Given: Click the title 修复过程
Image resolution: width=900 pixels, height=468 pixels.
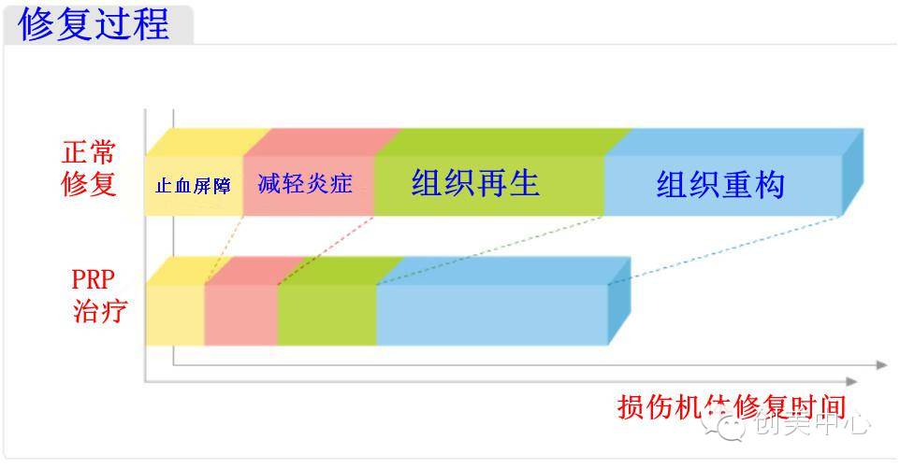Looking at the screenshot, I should pos(94,23).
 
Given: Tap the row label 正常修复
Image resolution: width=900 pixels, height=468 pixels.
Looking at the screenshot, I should pos(89,167).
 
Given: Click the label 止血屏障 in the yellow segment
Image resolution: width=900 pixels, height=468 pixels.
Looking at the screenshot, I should pos(193,185).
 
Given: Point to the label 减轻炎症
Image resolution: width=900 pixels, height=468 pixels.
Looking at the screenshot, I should pos(305,183).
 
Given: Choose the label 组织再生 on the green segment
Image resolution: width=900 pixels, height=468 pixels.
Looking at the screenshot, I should pos(475,182).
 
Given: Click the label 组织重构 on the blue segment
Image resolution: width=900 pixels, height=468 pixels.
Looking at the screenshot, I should pos(719,184).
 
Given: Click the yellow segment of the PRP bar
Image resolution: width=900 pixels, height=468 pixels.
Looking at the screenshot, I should pos(174,315).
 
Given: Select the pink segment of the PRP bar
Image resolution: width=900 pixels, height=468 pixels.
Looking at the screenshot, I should pos(240,315).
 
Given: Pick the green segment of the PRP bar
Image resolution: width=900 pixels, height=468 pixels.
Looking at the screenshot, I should pos(327,315).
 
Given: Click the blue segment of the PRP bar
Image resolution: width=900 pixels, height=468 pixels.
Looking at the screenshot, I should pos(491,315).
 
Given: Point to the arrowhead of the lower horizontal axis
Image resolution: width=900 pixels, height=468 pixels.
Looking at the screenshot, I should pos(850,381).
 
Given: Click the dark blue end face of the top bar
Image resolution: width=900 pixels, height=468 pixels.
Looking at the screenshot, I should pos(851,172).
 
